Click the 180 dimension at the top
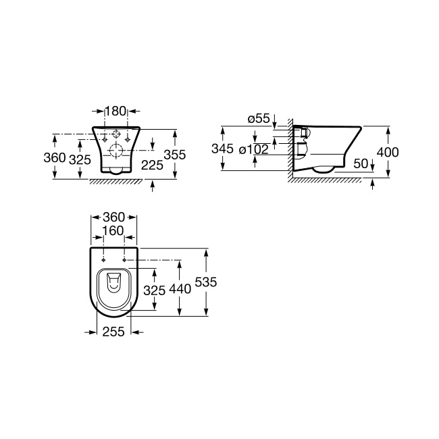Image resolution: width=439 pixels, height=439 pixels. [115, 111]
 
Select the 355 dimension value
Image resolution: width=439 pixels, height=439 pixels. [175, 155]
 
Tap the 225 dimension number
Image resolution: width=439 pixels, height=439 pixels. [152, 165]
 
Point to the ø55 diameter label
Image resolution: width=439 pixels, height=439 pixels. [259, 118]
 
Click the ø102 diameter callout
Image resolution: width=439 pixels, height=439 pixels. [254, 149]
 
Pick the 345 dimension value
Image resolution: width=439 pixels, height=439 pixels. [222, 149]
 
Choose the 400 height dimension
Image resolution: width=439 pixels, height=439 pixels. [388, 153]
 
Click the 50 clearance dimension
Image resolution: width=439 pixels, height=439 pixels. [361, 164]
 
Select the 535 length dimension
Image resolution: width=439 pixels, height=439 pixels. [206, 282]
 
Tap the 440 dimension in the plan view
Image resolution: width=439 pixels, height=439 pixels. [180, 289]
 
